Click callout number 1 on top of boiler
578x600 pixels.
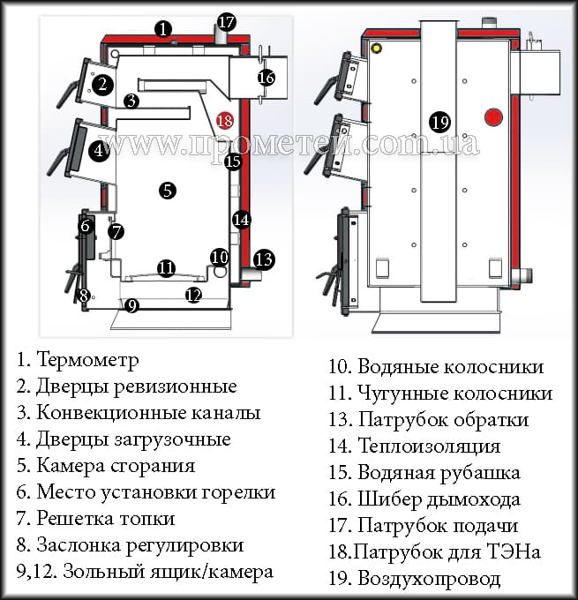tap(162, 29)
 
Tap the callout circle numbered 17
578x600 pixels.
tap(227, 22)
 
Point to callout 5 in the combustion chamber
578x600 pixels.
tap(167, 189)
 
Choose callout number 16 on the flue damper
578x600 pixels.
tap(266, 78)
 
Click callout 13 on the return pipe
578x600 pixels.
tap(263, 259)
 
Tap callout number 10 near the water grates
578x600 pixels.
tap(220, 257)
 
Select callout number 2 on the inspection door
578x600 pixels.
tap(102, 85)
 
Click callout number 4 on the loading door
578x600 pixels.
tap(99, 150)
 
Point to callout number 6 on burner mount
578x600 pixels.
tap(86, 226)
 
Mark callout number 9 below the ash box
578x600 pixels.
tap(132, 306)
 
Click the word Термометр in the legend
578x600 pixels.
tap(87, 360)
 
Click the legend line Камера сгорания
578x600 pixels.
tap(115, 465)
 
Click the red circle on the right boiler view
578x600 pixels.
tap(494, 116)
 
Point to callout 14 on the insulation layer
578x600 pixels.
tap(242, 219)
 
